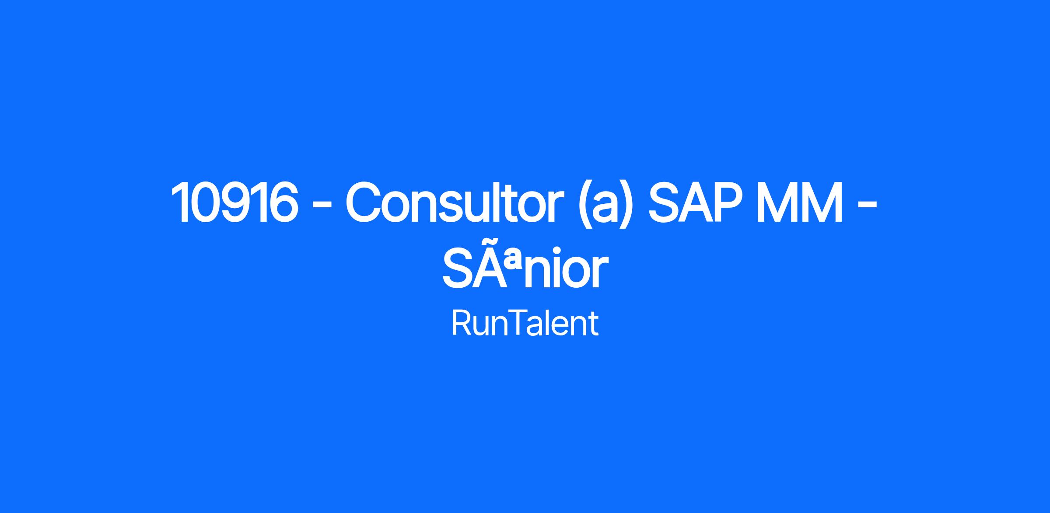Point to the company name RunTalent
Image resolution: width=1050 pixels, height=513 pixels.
point(525,324)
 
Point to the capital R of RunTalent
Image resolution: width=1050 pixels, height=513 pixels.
point(460,324)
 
